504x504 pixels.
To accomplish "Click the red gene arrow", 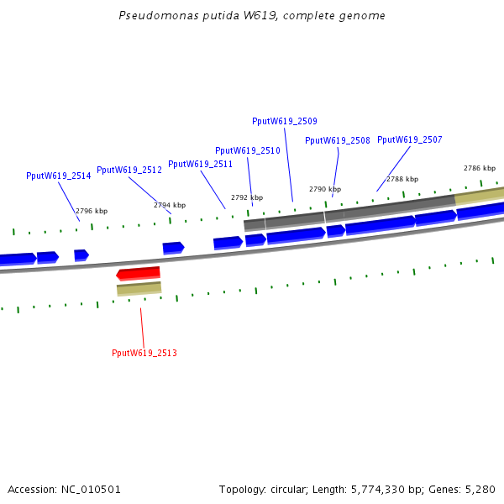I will coord(139,273).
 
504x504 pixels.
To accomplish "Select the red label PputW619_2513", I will coord(144,353).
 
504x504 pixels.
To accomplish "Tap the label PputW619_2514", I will coord(58,176).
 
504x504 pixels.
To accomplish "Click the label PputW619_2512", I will coord(129,170).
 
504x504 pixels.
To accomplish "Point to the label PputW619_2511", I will coord(200,164).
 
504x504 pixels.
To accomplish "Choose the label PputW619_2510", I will coord(247,150).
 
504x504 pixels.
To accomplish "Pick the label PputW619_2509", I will coord(284,121).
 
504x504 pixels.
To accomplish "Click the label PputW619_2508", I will coord(337,140).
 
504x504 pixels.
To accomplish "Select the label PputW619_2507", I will coord(409,139).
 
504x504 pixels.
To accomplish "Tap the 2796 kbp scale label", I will coord(92,212).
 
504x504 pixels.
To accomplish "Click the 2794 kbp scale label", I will coord(170,205).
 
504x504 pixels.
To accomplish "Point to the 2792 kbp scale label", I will coord(247,197).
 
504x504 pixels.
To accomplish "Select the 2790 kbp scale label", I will coord(325,189).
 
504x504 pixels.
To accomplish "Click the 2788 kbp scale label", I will coord(402,179).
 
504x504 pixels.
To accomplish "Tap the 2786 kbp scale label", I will coord(480,168).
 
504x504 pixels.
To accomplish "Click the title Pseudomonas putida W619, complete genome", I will coord(252,16).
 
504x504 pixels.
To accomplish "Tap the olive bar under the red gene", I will coord(139,289).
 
